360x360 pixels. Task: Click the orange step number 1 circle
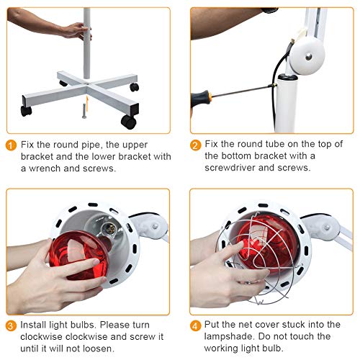pyautogui.click(x=11, y=145)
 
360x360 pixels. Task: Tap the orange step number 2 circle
pyautogui.click(x=195, y=145)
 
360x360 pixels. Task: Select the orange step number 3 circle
pyautogui.click(x=11, y=325)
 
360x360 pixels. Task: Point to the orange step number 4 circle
pyautogui.click(x=195, y=325)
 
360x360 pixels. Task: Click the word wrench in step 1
pyautogui.click(x=45, y=168)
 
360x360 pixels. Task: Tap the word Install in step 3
pyautogui.click(x=33, y=325)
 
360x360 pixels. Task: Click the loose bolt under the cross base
pyautogui.click(x=84, y=111)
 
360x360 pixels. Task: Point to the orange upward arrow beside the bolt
pyautogui.click(x=88, y=104)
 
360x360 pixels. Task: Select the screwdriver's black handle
pyautogui.click(x=199, y=99)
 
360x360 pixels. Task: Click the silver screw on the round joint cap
pyautogui.click(x=309, y=57)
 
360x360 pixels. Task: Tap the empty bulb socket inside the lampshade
pyautogui.click(x=109, y=228)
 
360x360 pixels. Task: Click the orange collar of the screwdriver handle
pyautogui.click(x=210, y=96)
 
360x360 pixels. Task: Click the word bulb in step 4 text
pyautogui.click(x=271, y=348)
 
